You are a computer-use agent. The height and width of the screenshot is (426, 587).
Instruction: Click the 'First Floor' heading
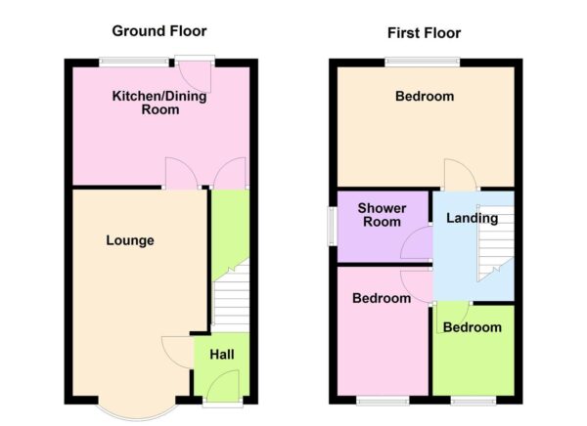(x=424, y=32)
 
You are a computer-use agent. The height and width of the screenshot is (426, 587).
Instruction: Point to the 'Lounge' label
(x=130, y=240)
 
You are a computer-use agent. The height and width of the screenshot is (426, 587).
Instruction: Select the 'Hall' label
(x=222, y=353)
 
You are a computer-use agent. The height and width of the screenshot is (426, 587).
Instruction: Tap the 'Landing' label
(x=472, y=218)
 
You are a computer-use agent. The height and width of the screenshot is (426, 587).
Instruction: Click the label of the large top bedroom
(x=425, y=96)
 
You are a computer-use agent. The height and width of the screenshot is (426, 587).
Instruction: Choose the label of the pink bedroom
(x=382, y=298)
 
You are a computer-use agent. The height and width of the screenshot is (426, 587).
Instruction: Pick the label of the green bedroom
(x=472, y=327)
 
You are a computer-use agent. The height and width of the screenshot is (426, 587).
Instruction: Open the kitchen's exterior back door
(x=199, y=73)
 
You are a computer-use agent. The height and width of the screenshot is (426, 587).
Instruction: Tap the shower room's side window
(x=330, y=226)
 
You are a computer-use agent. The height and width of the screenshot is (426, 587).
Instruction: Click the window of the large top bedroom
(x=423, y=63)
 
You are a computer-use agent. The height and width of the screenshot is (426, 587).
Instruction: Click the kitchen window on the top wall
(x=133, y=63)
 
